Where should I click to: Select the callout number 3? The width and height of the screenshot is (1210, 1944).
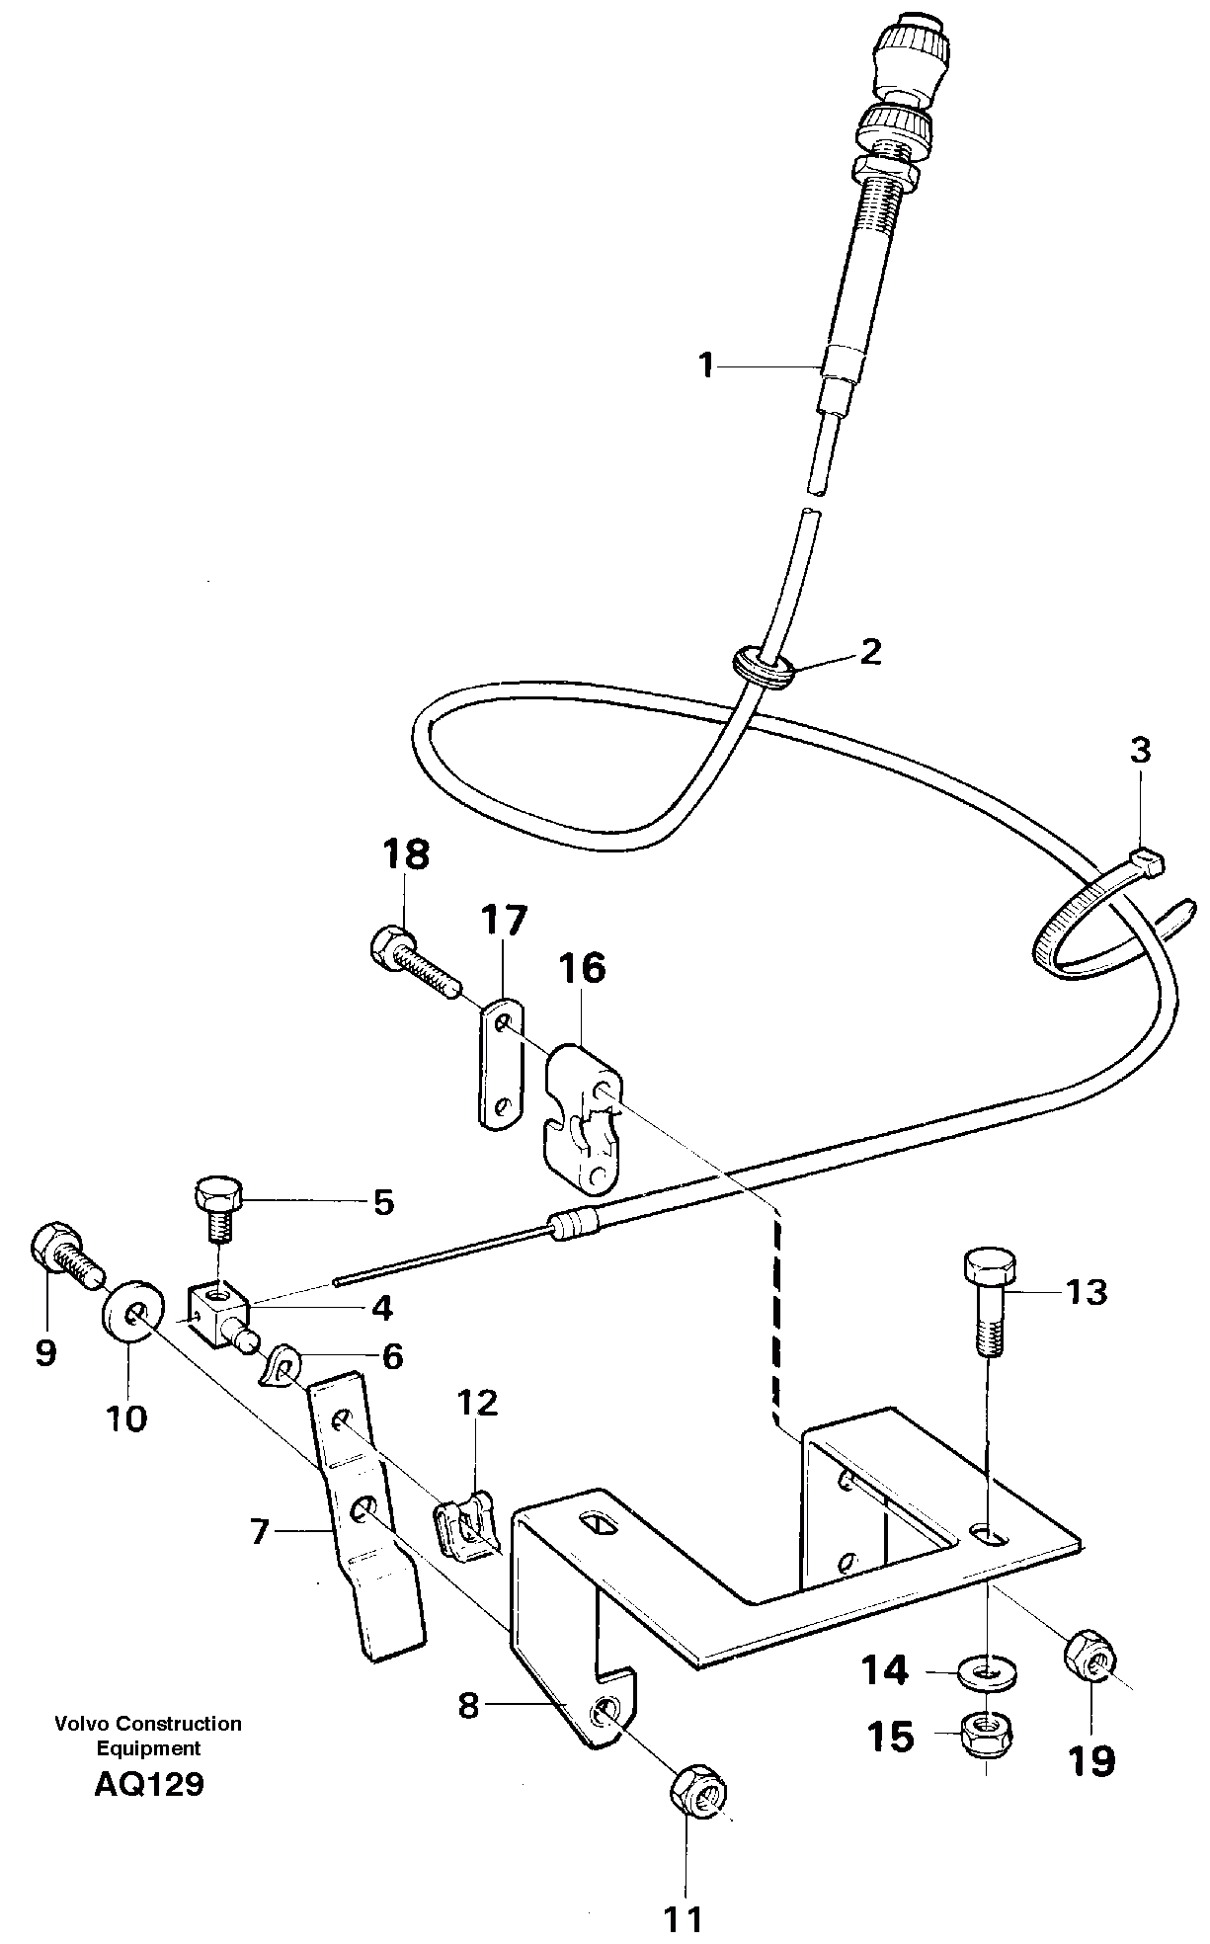point(1140,750)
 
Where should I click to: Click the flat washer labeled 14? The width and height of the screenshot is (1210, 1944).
point(990,1672)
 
